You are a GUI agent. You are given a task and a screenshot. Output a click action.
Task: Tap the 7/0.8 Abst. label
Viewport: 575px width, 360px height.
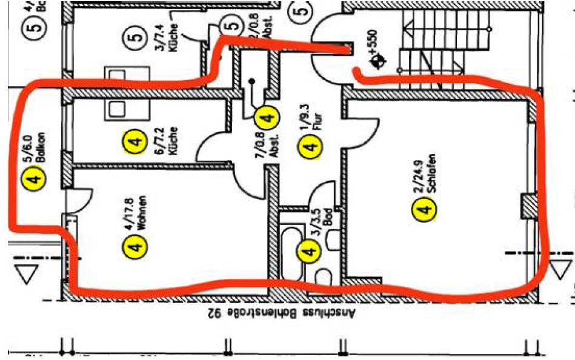coord(265,145)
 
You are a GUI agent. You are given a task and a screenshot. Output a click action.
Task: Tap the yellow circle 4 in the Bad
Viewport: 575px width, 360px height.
coord(310,250)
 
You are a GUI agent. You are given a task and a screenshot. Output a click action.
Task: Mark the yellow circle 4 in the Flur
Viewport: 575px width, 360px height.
coord(310,145)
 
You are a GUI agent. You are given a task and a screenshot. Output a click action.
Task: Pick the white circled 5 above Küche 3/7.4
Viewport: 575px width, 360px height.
coord(136,36)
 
